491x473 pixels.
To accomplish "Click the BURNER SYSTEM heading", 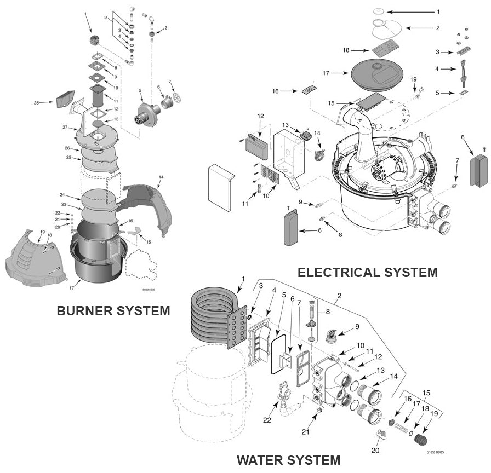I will [113, 311].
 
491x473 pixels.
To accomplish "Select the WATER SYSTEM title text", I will [288, 460].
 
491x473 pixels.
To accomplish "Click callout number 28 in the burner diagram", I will [37, 102].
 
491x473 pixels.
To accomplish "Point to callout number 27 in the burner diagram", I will [65, 127].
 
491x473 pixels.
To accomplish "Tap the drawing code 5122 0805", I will [435, 452].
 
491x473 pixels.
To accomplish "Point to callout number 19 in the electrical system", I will [414, 79].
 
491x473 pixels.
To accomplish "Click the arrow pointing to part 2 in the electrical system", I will [424, 27].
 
